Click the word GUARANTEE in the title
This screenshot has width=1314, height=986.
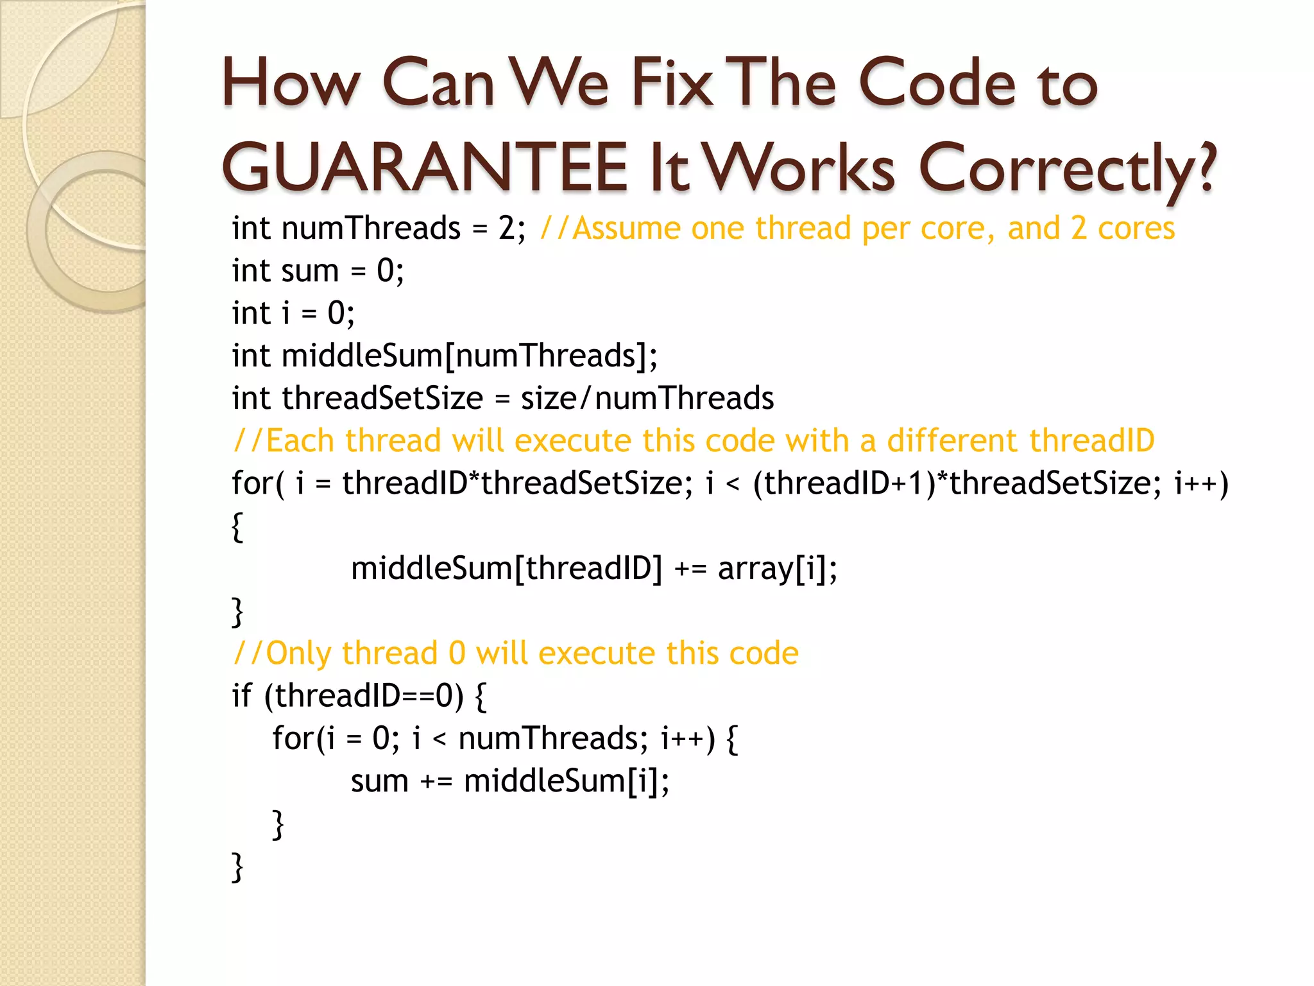424,168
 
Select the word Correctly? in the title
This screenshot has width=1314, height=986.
1067,168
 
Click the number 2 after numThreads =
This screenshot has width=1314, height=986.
506,229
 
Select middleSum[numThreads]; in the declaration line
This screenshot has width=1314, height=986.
470,356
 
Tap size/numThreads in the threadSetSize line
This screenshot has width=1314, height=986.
647,398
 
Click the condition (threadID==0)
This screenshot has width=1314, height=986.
363,696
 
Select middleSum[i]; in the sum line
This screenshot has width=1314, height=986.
567,781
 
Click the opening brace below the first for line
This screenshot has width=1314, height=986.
237,527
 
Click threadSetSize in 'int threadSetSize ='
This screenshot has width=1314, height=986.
382,398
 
